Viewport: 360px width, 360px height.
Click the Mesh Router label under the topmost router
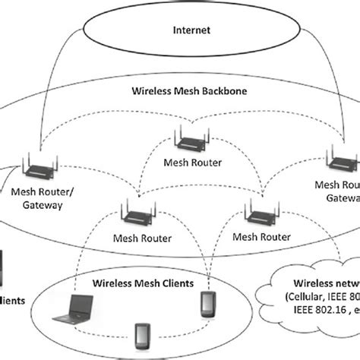(x=191, y=162)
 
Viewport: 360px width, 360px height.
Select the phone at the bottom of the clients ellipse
(x=140, y=336)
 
